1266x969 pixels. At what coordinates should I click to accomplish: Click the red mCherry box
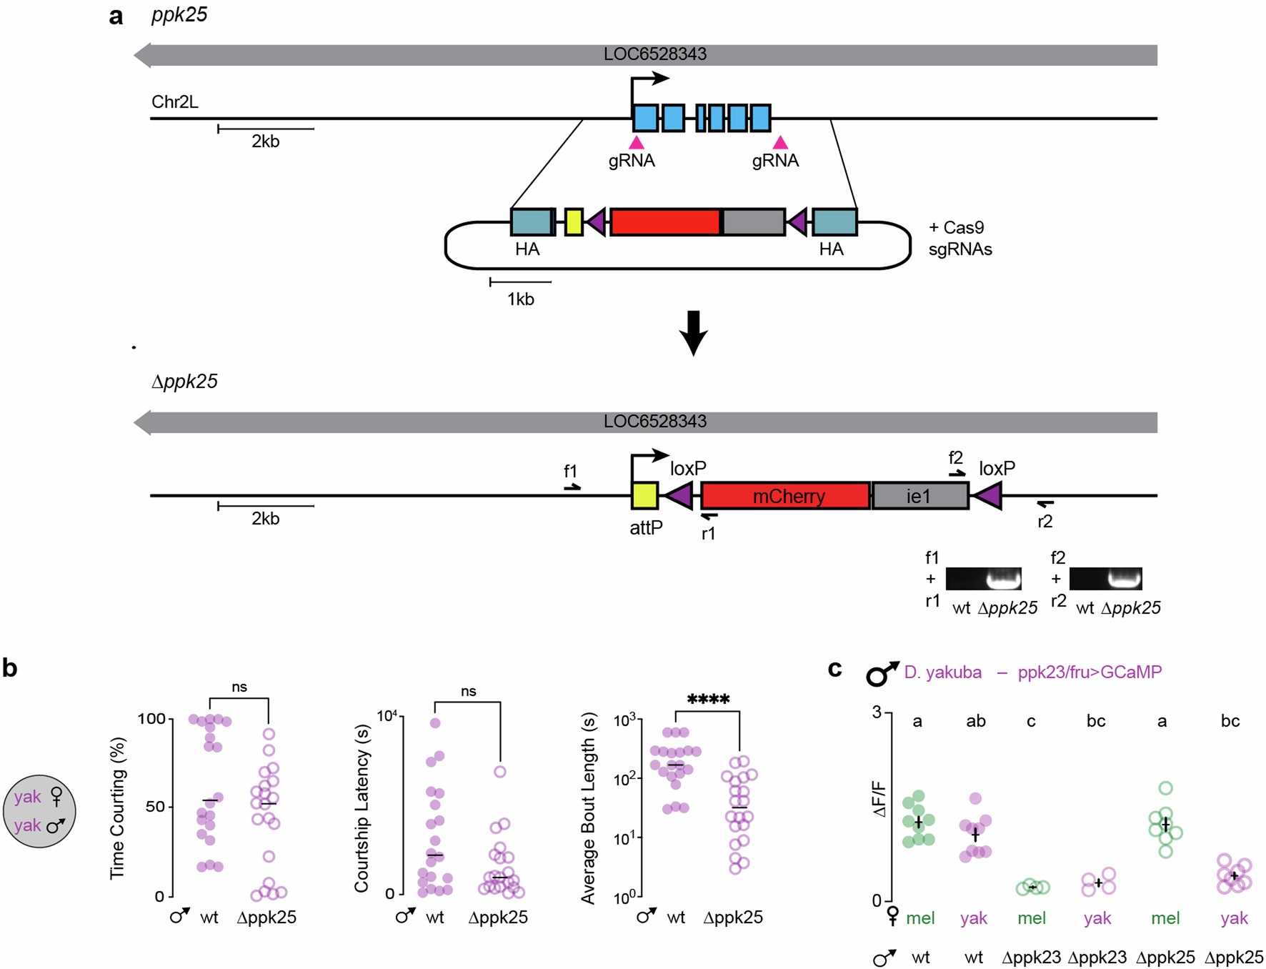(785, 496)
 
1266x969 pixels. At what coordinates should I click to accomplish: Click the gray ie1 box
(919, 496)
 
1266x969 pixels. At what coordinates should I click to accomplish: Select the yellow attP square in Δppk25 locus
(644, 496)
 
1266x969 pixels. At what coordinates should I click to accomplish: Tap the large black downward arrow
(693, 333)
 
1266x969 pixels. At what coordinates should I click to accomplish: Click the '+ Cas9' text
(956, 228)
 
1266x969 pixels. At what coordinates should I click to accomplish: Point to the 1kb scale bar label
(520, 299)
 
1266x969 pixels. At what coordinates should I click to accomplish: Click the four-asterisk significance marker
(707, 700)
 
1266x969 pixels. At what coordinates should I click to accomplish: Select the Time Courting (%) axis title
(117, 808)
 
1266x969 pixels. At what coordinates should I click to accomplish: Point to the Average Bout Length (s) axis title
(588, 808)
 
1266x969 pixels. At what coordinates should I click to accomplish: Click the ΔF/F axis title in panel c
(879, 800)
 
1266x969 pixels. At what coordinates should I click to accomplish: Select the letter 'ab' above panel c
(975, 722)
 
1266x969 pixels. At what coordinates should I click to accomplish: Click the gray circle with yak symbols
(39, 811)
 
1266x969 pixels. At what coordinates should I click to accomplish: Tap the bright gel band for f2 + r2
(1124, 578)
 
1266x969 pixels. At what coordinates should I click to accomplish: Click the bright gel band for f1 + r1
(1003, 578)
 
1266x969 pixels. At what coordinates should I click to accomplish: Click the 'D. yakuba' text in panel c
(942, 672)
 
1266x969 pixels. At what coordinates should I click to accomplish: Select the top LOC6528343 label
(654, 54)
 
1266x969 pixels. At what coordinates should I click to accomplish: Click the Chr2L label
(175, 102)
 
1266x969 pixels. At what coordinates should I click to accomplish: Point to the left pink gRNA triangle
(636, 142)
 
